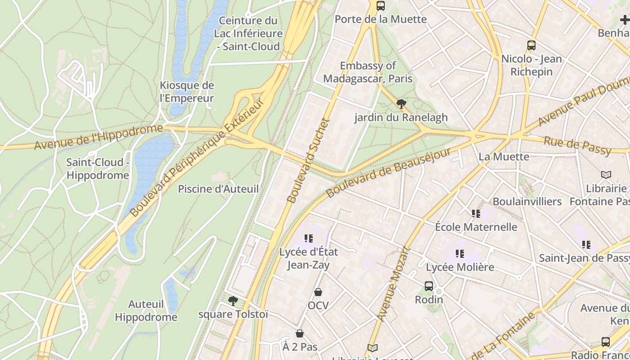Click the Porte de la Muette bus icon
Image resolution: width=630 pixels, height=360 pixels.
coord(381,6)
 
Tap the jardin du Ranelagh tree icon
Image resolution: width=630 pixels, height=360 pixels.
coord(401,104)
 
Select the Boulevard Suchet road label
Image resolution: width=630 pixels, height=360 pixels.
coord(308,161)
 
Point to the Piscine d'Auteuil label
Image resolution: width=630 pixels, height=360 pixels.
coord(218,189)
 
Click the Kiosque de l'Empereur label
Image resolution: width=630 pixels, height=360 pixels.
coord(187,92)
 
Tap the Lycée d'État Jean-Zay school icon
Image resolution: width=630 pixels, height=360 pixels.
coord(308,238)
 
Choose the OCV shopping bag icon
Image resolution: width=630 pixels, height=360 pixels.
coord(318,292)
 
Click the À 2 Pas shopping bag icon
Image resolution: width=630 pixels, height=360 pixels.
coord(300,333)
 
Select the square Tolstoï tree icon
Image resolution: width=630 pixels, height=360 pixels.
coord(233,301)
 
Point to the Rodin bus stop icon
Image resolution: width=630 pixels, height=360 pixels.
coord(429,286)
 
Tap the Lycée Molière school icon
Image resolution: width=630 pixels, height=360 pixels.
coord(459,254)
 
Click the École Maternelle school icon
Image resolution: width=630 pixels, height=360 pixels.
coord(476,214)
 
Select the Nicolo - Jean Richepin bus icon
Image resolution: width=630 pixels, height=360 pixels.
coord(531,45)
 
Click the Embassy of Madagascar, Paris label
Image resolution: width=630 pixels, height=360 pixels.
coord(368,72)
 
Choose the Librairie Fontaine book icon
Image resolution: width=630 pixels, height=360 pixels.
coord(606,175)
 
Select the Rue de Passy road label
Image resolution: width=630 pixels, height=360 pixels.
coord(577,145)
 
